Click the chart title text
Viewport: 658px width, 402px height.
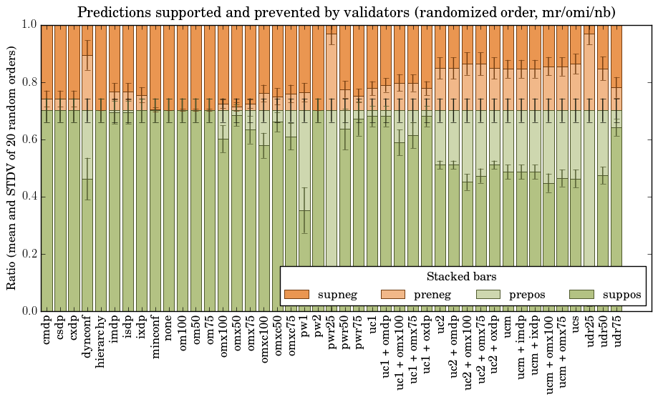346,12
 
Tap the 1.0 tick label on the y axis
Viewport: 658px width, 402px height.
28,24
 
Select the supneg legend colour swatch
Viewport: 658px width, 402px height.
296,295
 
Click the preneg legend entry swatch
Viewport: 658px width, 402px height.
395,295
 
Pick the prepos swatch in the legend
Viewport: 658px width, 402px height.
490,295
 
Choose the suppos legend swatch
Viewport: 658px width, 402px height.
583,295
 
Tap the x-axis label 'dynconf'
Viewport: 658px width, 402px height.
87,337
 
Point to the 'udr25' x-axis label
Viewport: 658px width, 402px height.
590,332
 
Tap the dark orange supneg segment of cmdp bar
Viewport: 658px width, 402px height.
47,61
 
